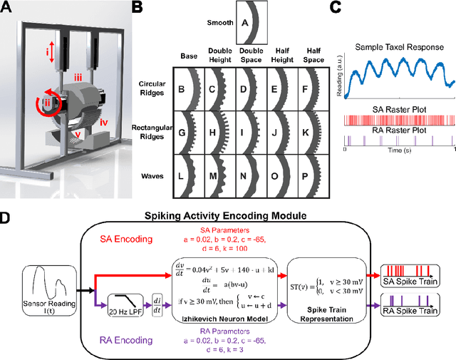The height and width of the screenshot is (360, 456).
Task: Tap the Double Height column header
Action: coord(219,58)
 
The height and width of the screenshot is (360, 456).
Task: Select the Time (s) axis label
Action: coord(397,152)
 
